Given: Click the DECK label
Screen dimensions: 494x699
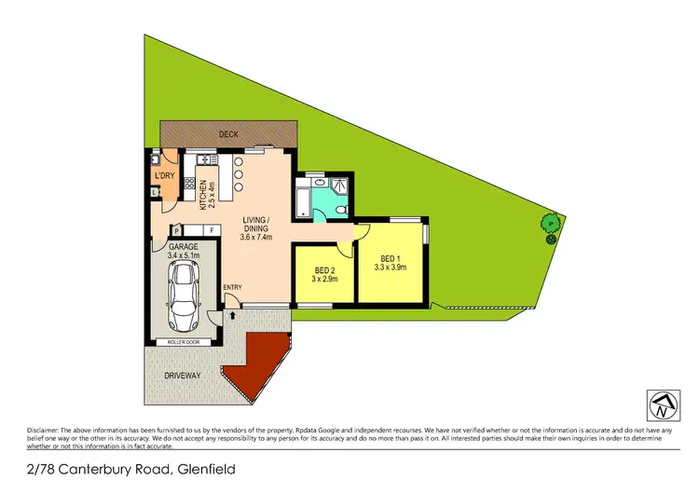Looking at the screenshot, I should click(x=228, y=134).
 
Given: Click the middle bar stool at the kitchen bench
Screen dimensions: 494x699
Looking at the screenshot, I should click(x=239, y=173).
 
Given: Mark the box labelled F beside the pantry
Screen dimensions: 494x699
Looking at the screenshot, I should click(x=212, y=229).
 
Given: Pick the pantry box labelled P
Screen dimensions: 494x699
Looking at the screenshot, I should click(x=176, y=229).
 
